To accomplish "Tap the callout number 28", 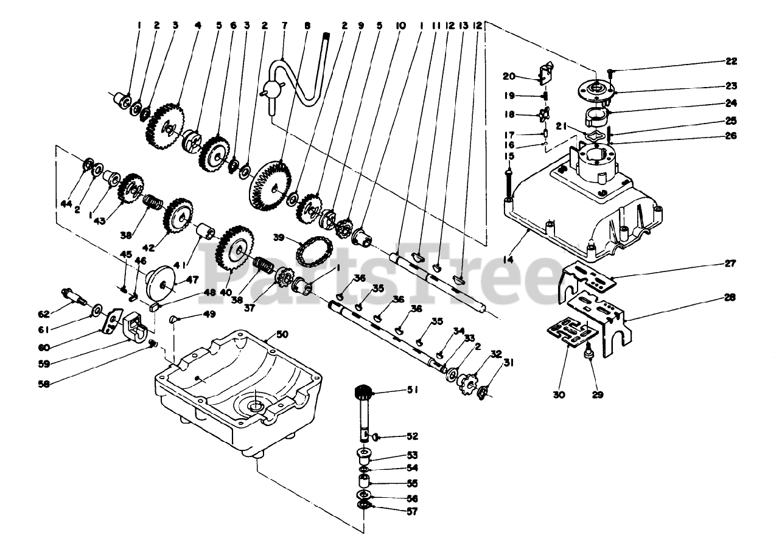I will click(730, 298).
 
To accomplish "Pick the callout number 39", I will click(279, 236).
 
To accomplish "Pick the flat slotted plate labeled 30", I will click(570, 333).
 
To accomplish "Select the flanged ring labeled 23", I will click(596, 89).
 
